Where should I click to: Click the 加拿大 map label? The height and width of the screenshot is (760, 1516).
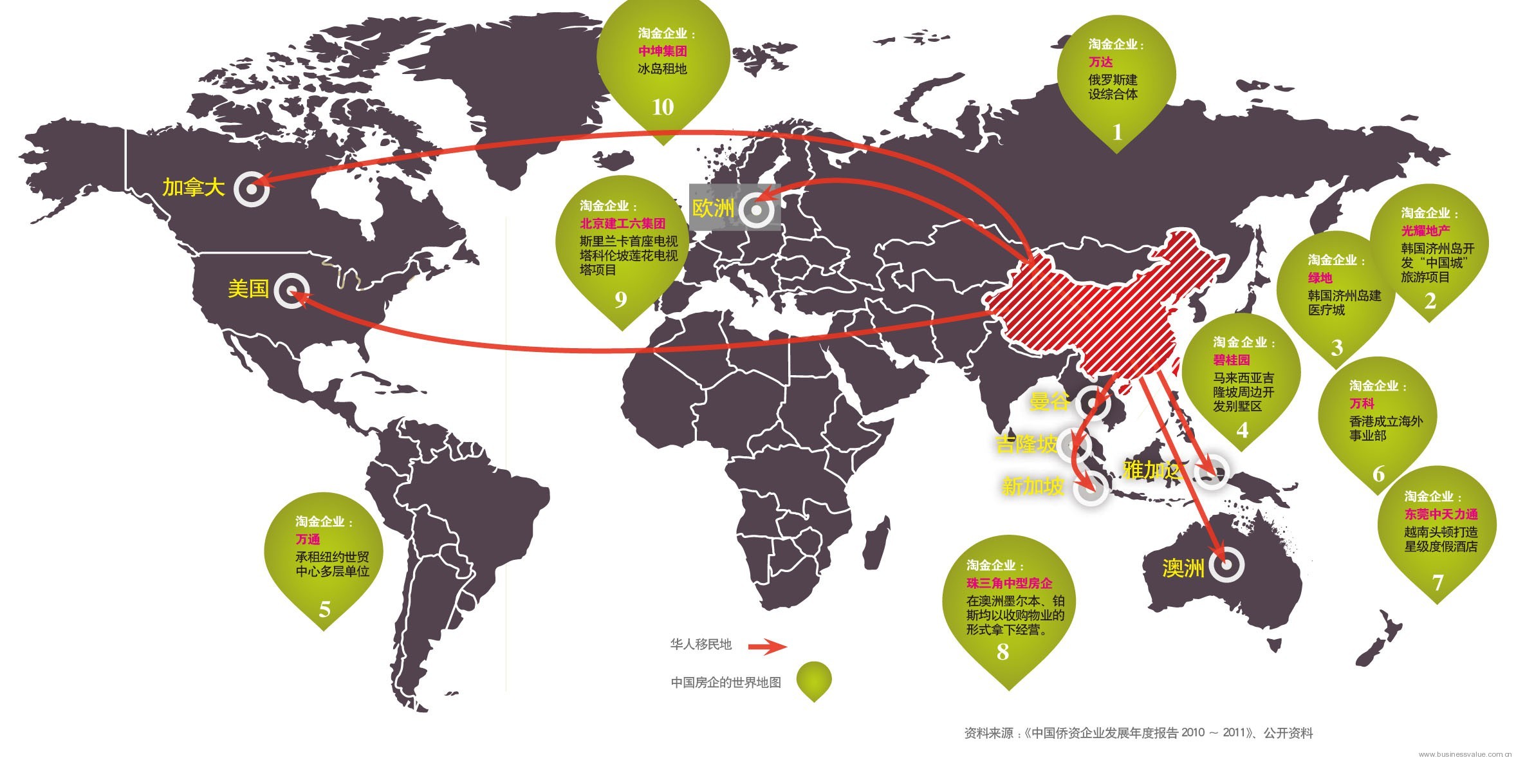(x=193, y=188)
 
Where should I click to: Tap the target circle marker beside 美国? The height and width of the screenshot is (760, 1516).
(x=291, y=290)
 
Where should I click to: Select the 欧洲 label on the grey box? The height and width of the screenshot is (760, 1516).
(x=712, y=209)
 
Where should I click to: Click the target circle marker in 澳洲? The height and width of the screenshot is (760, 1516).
(x=1226, y=565)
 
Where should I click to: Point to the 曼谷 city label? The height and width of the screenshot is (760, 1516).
(x=1049, y=402)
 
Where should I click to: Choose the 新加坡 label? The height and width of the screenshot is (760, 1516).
(x=1033, y=487)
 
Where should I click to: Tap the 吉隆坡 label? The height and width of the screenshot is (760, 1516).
(x=1026, y=444)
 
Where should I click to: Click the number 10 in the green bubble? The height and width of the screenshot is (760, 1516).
(x=663, y=107)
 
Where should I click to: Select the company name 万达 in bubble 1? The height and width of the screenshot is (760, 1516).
(x=1100, y=62)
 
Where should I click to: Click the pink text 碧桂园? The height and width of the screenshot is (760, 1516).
(x=1231, y=360)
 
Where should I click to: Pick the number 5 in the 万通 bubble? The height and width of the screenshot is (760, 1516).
(x=324, y=609)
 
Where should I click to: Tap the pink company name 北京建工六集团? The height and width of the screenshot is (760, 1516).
(x=622, y=223)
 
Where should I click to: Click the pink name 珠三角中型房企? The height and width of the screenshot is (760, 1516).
(x=1009, y=583)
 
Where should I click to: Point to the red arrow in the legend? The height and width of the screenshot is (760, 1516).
(x=766, y=646)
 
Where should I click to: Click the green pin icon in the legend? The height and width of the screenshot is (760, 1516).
(x=814, y=680)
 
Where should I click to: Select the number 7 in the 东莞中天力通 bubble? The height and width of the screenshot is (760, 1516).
(x=1437, y=583)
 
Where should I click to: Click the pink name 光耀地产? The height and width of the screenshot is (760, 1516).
(x=1425, y=230)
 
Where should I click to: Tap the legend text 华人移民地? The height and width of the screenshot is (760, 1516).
(x=701, y=644)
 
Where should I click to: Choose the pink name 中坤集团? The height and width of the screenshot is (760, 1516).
(x=662, y=51)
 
